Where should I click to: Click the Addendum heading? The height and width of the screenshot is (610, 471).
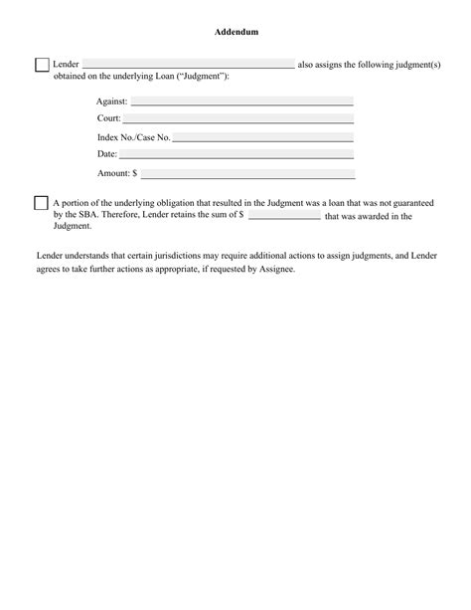(x=236, y=32)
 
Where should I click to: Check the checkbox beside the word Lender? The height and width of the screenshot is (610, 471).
(x=42, y=65)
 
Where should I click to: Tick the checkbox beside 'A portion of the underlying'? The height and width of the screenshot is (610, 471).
(x=41, y=203)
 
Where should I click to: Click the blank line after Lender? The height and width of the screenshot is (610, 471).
(x=188, y=67)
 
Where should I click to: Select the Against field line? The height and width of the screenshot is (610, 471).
(x=241, y=102)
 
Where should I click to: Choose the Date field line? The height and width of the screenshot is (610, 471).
(x=236, y=155)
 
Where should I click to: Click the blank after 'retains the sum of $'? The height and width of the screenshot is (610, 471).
(x=284, y=216)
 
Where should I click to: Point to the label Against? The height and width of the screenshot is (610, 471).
(x=112, y=102)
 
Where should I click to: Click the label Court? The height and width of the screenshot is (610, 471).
(x=109, y=119)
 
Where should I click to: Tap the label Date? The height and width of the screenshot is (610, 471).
(x=107, y=154)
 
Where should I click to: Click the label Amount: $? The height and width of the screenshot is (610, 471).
(x=117, y=173)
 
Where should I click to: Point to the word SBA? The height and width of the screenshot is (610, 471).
(x=78, y=214)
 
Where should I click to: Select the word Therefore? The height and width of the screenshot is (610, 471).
(x=118, y=214)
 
